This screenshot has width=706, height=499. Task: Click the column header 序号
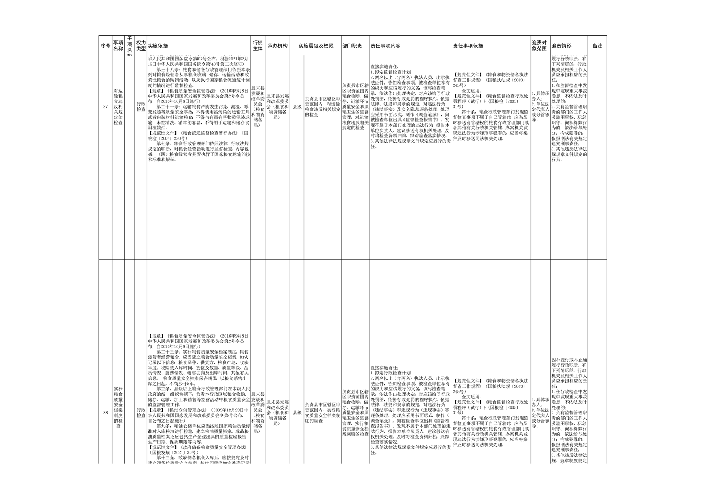click(105, 46)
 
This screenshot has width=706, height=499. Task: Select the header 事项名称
click(118, 46)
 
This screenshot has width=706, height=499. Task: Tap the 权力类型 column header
click(141, 46)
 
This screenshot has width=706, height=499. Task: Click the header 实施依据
click(158, 46)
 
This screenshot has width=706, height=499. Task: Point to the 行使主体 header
click(258, 46)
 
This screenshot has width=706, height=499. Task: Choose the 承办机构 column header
click(278, 46)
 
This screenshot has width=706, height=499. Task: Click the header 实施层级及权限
click(316, 46)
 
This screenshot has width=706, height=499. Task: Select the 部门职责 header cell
click(352, 46)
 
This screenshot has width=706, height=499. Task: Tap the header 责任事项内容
click(385, 46)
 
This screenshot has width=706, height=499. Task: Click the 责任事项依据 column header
click(468, 46)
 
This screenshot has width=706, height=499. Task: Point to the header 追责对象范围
click(540, 46)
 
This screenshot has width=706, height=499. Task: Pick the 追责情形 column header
click(561, 46)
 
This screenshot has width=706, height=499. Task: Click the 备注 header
click(597, 46)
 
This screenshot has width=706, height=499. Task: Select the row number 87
click(105, 107)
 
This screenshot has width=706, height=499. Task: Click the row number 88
click(105, 413)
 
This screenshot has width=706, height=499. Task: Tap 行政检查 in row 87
click(141, 107)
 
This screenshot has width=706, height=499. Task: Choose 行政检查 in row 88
click(141, 413)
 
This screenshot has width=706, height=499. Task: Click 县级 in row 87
click(297, 107)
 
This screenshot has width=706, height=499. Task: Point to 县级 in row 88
click(297, 413)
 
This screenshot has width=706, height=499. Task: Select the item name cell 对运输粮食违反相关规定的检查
click(118, 107)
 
